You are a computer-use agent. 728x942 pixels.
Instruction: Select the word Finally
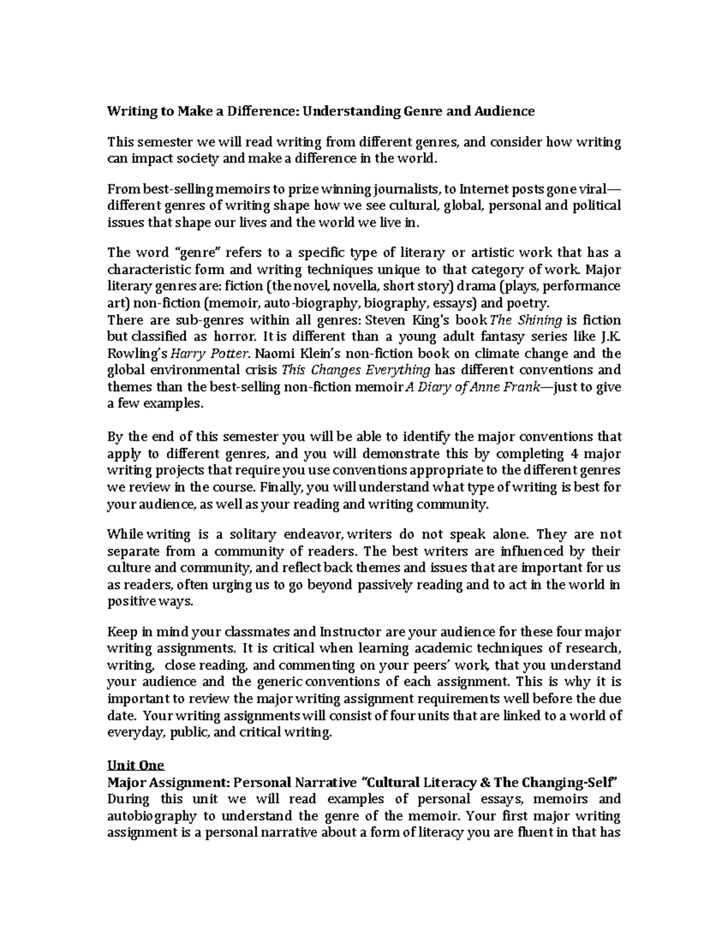(283, 487)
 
